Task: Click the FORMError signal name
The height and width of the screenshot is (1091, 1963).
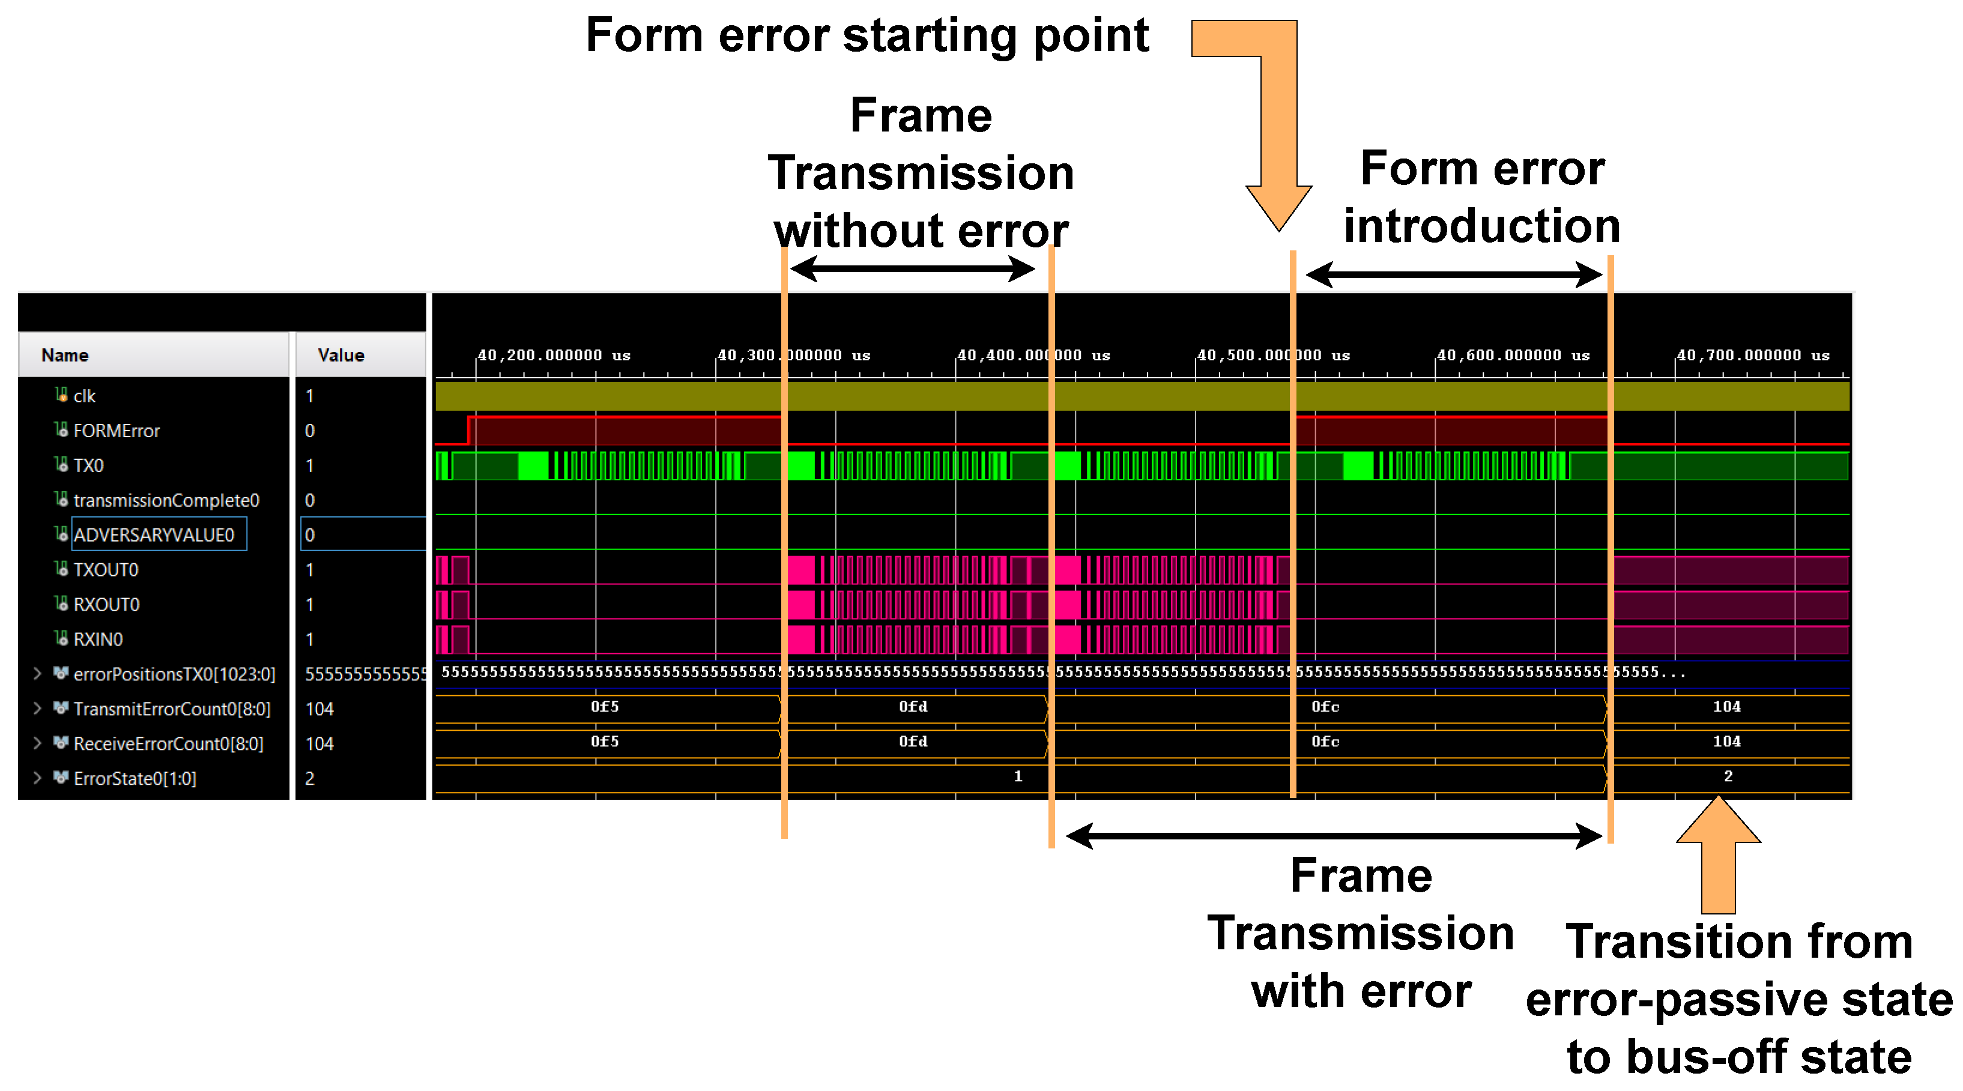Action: [x=116, y=431]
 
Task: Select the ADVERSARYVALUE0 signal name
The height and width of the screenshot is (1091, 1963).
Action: [x=153, y=535]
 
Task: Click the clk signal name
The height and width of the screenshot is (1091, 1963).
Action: [x=84, y=396]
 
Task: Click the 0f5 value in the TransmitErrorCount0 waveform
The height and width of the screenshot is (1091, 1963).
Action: [x=604, y=706]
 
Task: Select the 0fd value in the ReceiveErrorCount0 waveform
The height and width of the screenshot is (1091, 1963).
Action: [x=912, y=742]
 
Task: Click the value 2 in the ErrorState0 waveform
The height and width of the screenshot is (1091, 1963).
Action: [x=1728, y=776]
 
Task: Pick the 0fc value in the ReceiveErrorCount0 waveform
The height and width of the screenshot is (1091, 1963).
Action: [x=1325, y=742]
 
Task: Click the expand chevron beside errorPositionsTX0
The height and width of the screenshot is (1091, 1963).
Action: [x=37, y=674]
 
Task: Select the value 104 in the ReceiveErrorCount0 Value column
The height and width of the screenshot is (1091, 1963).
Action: [x=319, y=743]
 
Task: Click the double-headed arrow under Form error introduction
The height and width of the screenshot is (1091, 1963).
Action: [x=1453, y=274]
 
